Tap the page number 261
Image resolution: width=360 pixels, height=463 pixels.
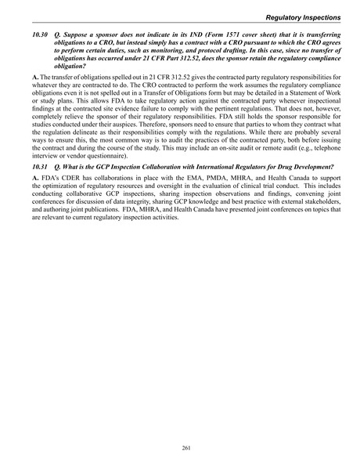tap(179, 447)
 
